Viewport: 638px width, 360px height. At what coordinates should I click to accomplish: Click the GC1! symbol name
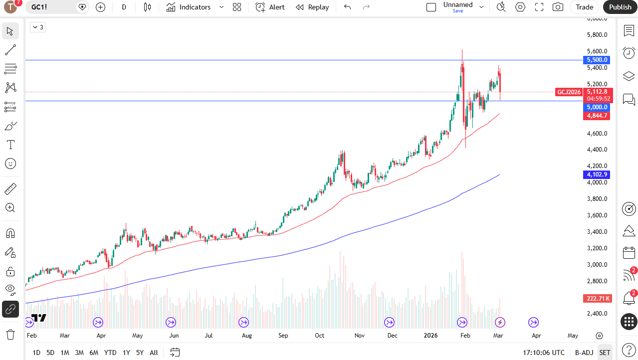click(x=40, y=7)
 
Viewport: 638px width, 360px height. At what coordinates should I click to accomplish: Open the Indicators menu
click(x=195, y=7)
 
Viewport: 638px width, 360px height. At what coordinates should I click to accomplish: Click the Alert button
click(x=270, y=7)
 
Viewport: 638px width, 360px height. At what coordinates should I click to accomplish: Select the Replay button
click(x=312, y=7)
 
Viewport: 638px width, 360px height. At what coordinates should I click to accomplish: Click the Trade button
click(x=584, y=7)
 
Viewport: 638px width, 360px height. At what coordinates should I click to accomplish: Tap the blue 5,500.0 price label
click(x=597, y=60)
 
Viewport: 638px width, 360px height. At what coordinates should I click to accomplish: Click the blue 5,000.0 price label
click(x=597, y=107)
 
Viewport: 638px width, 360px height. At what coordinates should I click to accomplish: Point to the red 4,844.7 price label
click(x=597, y=116)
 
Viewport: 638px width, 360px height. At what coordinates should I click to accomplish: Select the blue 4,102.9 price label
click(x=597, y=175)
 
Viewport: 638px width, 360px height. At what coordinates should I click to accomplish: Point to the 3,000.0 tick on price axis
click(x=597, y=265)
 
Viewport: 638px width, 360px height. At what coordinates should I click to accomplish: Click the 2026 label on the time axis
click(x=430, y=336)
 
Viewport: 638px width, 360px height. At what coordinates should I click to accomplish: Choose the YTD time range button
click(x=110, y=353)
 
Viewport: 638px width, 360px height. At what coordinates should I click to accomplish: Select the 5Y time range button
click(x=140, y=353)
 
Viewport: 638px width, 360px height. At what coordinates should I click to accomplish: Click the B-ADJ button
click(x=584, y=353)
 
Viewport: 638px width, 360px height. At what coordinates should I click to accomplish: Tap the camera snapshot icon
click(x=558, y=7)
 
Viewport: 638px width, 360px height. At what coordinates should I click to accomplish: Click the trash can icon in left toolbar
click(x=10, y=334)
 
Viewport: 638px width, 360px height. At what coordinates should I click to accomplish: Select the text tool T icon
click(x=10, y=145)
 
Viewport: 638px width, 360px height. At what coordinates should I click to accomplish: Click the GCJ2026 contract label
click(x=569, y=92)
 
